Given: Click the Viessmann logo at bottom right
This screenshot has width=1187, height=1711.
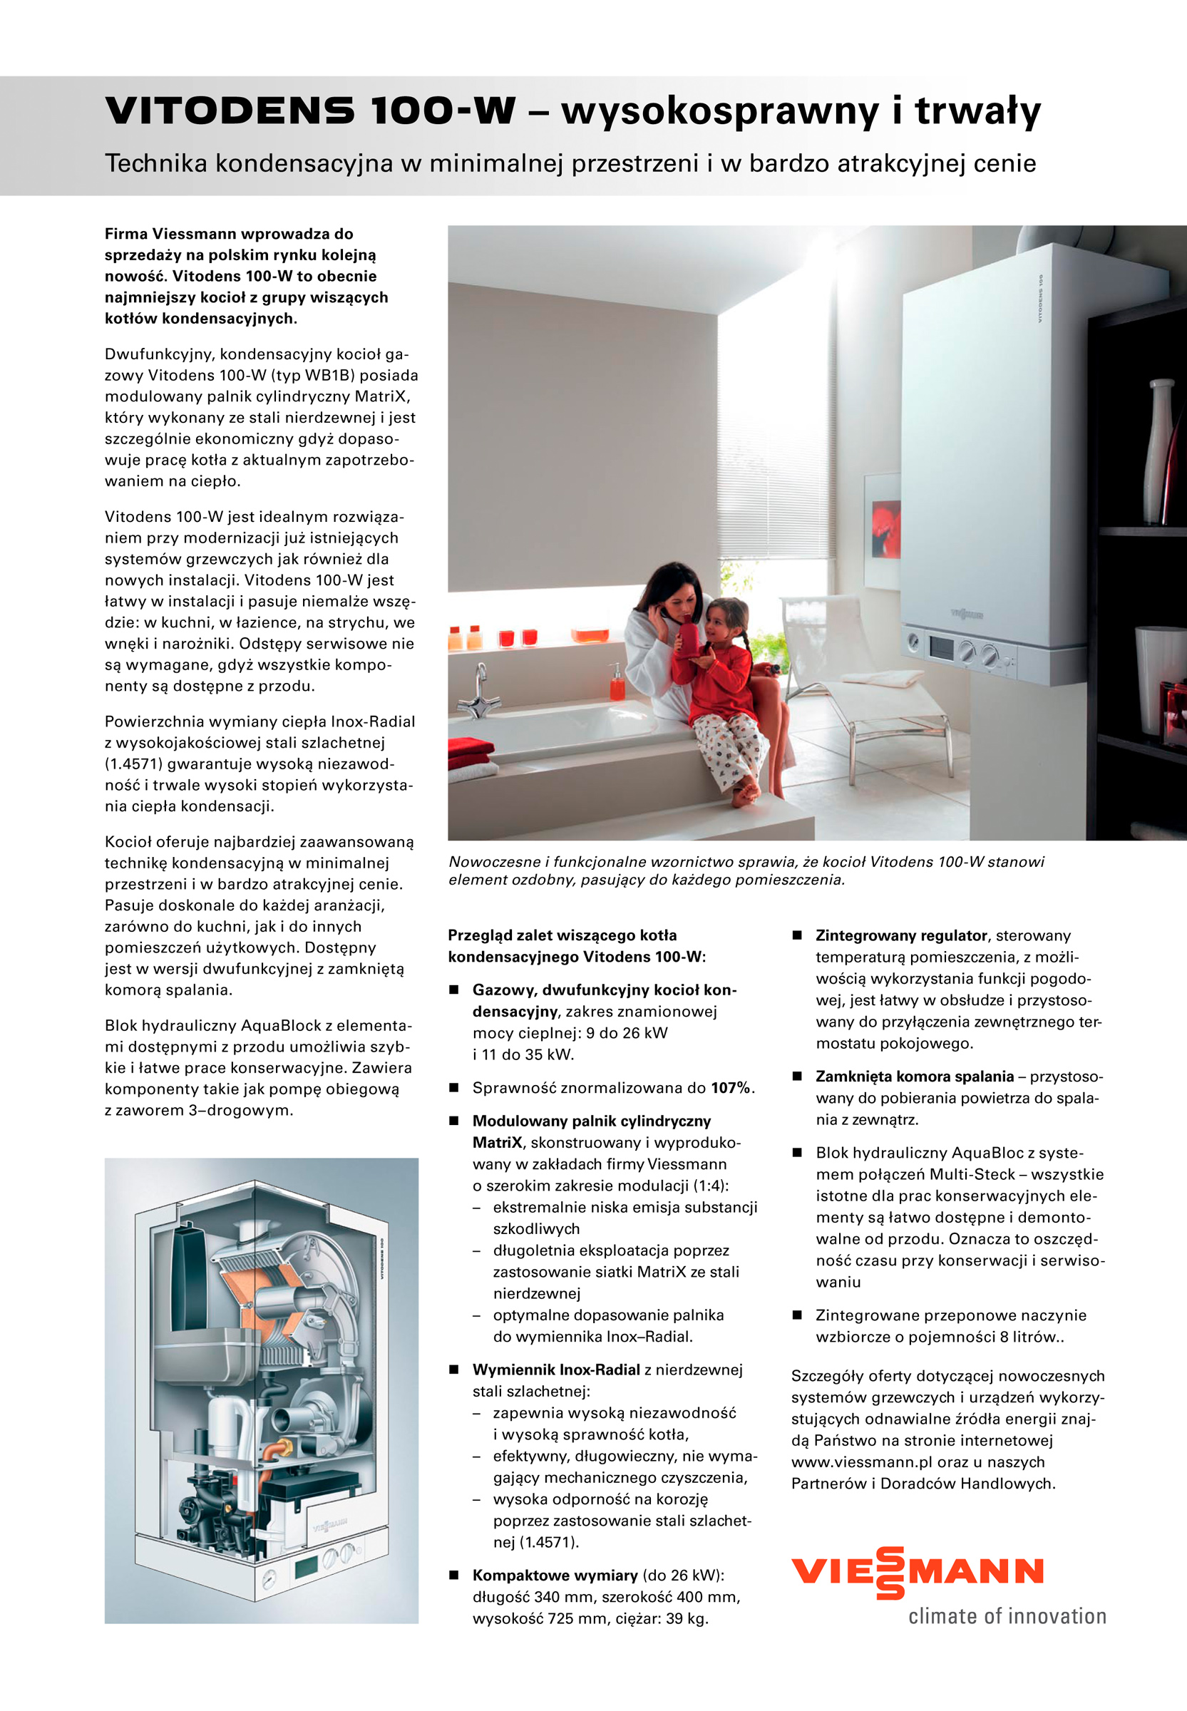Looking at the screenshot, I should point(917,1572).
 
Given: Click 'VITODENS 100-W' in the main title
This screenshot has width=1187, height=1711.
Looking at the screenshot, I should point(310,111).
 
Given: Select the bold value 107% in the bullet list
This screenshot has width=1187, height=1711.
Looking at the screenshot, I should point(730,1088).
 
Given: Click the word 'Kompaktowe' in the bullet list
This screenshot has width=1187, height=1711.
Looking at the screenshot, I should point(518,1575).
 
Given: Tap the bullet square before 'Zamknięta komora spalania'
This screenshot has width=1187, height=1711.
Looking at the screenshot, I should point(796,1076).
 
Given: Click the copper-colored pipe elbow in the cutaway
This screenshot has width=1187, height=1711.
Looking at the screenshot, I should point(283,1448).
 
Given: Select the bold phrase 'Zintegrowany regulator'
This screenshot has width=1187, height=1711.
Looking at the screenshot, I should point(900,935).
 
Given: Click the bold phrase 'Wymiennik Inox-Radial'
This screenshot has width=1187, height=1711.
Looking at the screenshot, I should point(555,1370).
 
